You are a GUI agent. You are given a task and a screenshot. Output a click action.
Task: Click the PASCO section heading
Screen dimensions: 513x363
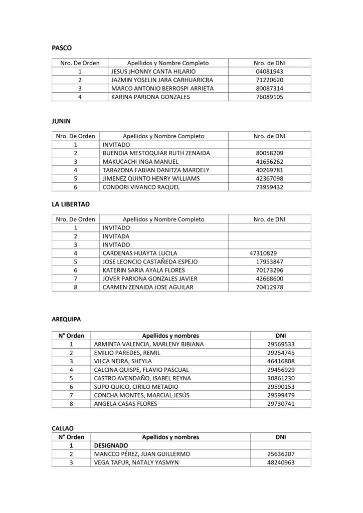pyautogui.click(x=62, y=48)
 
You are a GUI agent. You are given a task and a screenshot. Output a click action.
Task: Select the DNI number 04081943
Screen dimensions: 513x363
pyautogui.click(x=269, y=72)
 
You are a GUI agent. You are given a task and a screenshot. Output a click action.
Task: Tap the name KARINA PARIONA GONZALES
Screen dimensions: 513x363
pyautogui.click(x=150, y=97)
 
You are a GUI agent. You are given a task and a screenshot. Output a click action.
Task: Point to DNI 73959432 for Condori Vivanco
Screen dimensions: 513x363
pyautogui.click(x=269, y=187)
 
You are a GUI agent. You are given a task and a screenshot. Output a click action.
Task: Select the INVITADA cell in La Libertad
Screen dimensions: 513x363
pyautogui.click(x=116, y=236)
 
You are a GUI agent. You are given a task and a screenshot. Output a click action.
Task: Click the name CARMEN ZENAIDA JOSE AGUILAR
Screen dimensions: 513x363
pyautogui.click(x=147, y=287)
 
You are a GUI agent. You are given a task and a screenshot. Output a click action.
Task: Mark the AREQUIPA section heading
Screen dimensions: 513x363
pyautogui.click(x=66, y=319)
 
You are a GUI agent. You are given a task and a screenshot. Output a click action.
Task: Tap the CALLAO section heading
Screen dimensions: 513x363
pyautogui.click(x=63, y=428)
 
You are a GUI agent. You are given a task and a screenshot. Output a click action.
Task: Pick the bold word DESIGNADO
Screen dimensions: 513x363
pyautogui.click(x=111, y=445)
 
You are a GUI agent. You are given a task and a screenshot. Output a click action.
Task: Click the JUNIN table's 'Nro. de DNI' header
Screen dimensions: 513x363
pyautogui.click(x=269, y=136)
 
